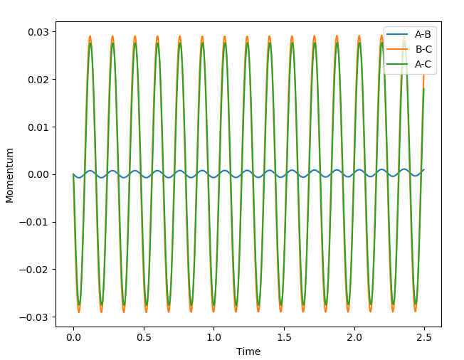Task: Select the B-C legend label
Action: (423, 50)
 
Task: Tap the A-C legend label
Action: (423, 63)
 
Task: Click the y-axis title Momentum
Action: (10, 175)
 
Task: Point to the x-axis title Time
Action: (248, 351)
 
